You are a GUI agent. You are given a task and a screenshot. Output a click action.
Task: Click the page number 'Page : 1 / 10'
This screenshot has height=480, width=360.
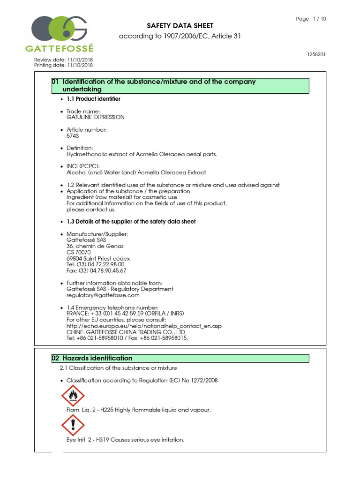point(311,19)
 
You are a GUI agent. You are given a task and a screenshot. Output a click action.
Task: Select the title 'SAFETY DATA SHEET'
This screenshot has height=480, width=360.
point(180,26)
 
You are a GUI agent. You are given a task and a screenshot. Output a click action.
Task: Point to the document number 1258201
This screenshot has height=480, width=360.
point(316,54)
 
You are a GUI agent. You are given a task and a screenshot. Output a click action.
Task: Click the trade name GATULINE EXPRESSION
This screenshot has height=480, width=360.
point(96,117)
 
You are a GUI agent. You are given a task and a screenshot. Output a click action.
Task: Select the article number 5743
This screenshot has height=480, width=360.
point(73,135)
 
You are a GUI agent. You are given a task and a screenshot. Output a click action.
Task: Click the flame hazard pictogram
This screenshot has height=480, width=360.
point(73,396)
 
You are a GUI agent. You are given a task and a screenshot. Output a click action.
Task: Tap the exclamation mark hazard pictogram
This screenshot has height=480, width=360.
point(73,425)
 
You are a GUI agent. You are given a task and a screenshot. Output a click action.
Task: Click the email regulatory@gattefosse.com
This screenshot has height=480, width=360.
point(103,295)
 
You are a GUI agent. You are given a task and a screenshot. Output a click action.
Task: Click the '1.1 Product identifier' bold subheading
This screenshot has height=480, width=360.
point(93,99)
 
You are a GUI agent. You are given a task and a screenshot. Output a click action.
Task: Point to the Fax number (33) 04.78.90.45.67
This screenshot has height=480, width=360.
point(97,270)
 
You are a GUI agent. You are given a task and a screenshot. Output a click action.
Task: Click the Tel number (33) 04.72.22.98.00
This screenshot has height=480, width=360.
point(96,264)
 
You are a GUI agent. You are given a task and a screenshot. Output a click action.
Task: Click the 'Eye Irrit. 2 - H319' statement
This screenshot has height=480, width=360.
point(126,440)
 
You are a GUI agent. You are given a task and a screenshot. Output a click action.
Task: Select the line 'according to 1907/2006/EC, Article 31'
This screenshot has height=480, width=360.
point(180,36)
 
